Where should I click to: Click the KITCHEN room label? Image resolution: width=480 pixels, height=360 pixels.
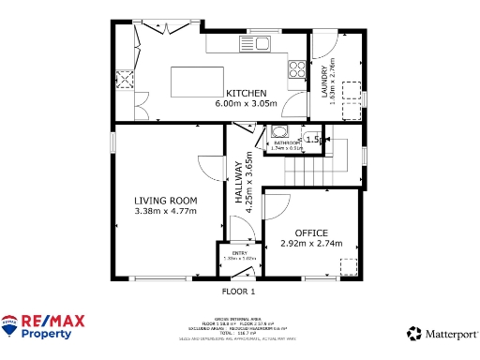247,93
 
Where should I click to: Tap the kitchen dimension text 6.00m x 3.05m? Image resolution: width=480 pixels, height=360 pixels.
247,103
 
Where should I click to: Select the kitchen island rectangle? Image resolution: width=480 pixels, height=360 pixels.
196,82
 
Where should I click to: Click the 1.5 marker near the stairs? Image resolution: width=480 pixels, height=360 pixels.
314,140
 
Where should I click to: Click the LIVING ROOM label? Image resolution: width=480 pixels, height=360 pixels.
165,201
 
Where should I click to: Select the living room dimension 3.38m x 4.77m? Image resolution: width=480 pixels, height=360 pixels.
165,212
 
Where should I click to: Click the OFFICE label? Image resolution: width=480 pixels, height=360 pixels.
311,232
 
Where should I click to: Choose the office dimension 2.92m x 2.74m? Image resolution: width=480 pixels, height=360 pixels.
311,243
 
